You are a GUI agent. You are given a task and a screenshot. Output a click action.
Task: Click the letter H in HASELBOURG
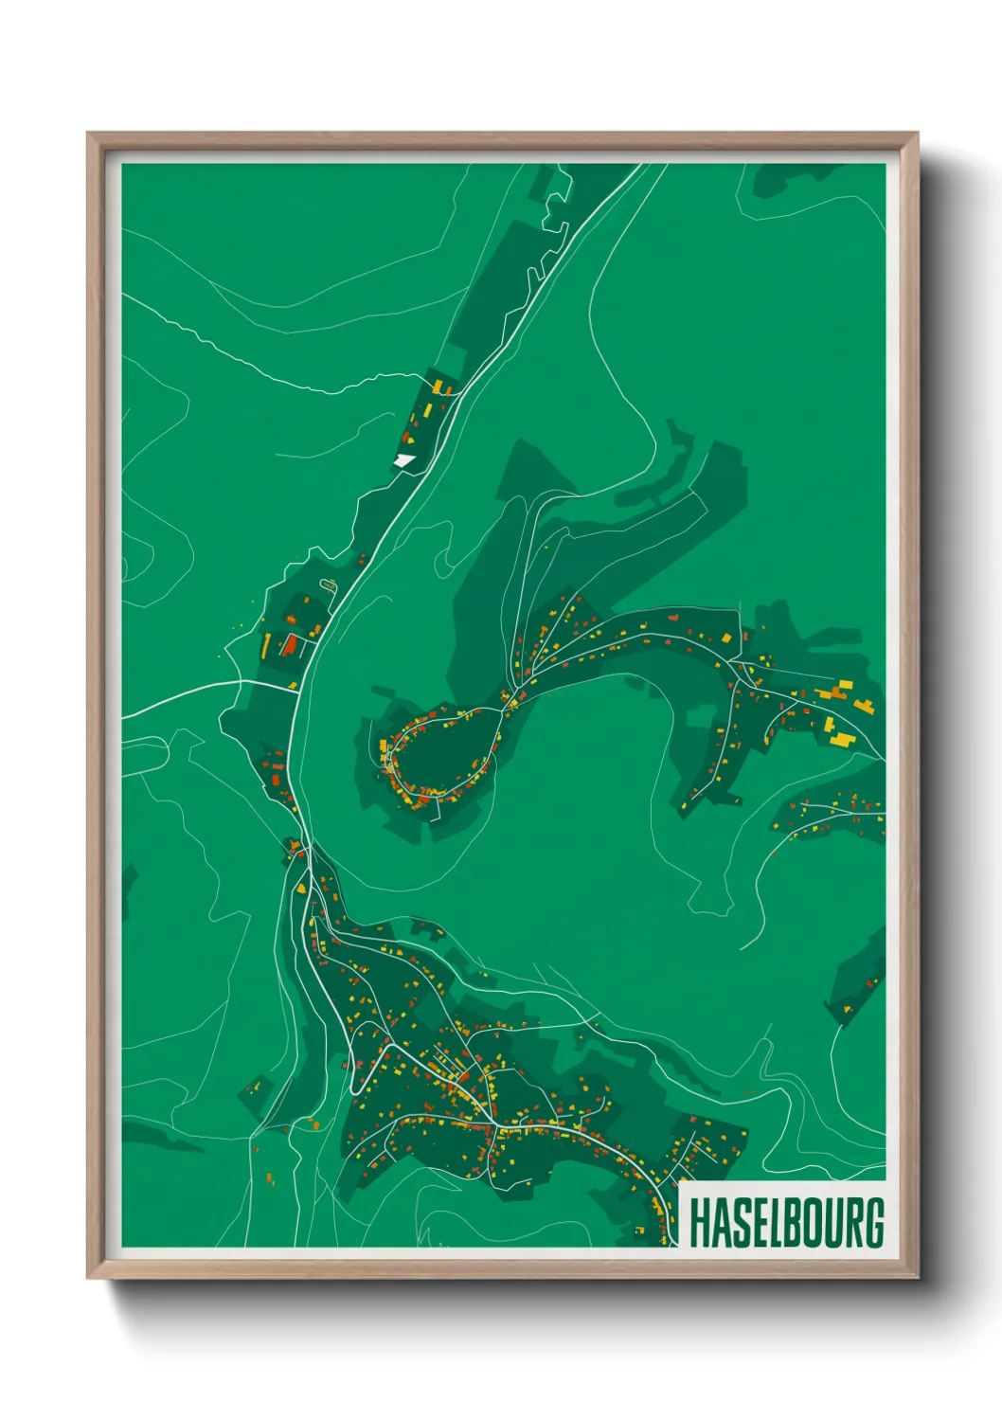(x=701, y=1222)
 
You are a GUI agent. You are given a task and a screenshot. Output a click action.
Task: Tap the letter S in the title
(x=743, y=1222)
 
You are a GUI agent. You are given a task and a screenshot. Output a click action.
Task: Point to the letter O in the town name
(x=812, y=1222)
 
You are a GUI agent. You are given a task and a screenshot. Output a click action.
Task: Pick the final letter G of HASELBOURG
(x=874, y=1222)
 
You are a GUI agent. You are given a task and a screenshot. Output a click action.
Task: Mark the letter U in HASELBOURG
(x=832, y=1222)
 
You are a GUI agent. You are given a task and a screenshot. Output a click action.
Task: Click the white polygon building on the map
(x=404, y=460)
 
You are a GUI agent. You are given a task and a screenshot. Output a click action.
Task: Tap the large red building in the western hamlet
(x=288, y=645)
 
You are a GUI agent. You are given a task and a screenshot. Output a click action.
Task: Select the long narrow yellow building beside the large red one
(x=266, y=646)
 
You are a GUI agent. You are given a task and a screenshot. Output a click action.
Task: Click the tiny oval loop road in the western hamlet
(x=329, y=585)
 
